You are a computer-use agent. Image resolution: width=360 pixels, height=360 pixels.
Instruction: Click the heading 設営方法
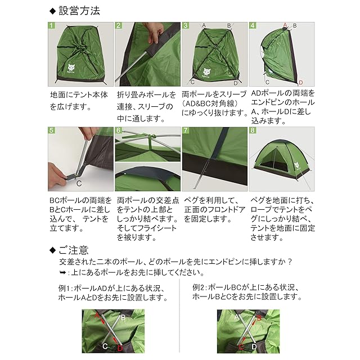click(x=79, y=11)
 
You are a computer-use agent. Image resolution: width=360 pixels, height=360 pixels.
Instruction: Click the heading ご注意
click(x=74, y=250)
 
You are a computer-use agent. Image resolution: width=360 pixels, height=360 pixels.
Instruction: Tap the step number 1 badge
click(x=51, y=25)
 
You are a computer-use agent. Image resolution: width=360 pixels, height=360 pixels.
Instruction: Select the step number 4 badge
click(x=253, y=25)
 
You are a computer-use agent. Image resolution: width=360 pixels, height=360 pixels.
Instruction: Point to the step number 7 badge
click(x=186, y=130)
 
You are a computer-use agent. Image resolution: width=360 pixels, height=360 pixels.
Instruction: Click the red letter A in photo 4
click(x=285, y=25)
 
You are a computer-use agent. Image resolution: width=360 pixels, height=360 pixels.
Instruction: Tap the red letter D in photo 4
click(x=301, y=83)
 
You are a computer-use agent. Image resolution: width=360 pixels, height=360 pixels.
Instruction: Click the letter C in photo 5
click(x=79, y=183)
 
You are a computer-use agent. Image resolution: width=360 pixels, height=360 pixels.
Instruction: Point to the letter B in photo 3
click(x=229, y=26)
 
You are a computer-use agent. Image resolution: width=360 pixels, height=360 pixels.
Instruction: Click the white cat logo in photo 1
click(x=71, y=68)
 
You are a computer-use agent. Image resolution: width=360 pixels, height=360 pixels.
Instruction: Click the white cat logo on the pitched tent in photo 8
click(x=296, y=165)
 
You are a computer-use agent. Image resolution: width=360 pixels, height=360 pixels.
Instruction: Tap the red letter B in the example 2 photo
click(x=259, y=318)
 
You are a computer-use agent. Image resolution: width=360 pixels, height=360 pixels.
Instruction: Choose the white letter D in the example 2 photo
click(x=254, y=346)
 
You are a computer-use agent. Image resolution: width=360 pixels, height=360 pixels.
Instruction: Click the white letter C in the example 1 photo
click(x=105, y=346)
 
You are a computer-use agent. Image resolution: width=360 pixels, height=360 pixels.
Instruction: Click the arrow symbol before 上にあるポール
click(x=62, y=273)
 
